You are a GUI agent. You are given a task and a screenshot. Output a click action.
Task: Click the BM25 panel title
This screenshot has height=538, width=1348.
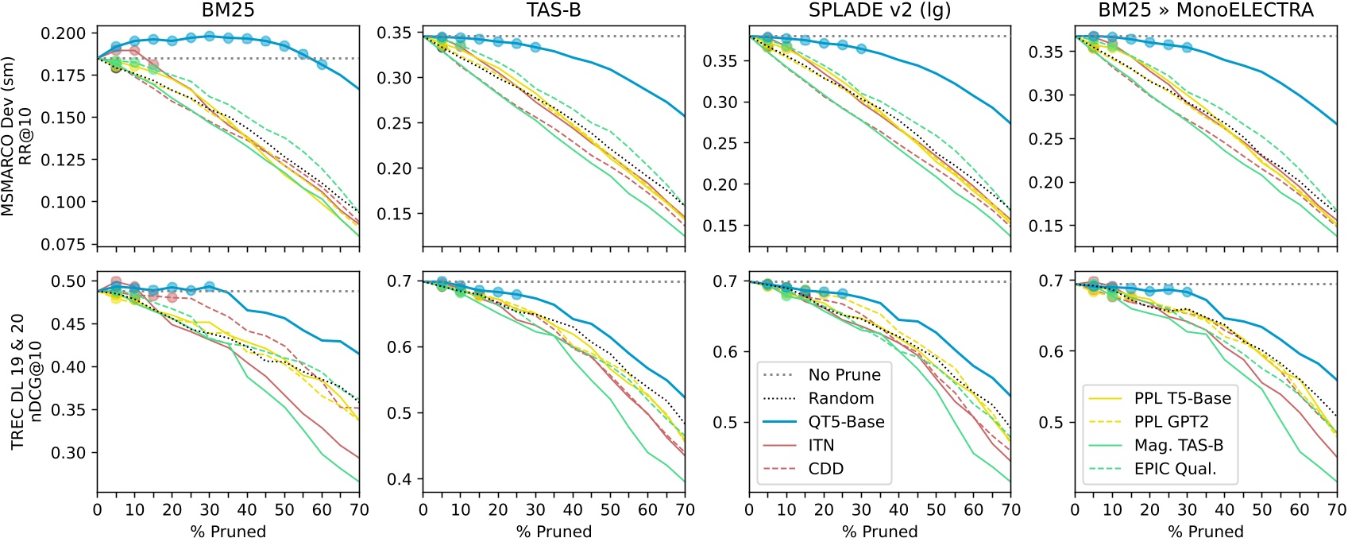point(228,10)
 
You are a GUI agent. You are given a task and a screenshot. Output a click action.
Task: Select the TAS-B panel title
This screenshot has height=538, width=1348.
point(554,10)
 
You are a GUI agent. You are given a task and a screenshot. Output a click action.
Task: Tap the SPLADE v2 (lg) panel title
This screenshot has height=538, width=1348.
point(879,10)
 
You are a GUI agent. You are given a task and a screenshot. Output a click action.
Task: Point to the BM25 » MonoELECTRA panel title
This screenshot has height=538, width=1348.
point(1206,10)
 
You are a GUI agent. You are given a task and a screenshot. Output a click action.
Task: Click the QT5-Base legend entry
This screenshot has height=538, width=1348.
point(846,422)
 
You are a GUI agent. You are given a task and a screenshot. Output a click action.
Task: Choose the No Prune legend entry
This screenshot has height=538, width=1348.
point(844,375)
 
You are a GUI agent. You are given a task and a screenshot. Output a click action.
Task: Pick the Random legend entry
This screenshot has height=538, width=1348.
point(840,398)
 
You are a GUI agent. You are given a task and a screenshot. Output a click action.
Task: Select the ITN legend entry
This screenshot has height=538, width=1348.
point(821,446)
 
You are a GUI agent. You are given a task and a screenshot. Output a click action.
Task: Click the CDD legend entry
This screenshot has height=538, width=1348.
point(825,469)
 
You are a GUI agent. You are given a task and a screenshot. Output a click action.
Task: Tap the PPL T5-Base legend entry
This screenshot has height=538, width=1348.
point(1182,398)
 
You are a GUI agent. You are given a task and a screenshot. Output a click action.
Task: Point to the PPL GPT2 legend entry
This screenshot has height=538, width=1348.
point(1171,422)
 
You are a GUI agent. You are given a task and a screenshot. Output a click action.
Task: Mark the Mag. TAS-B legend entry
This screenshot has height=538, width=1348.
point(1178,446)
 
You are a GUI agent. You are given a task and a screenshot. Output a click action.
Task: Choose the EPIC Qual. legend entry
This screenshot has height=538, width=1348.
point(1175,469)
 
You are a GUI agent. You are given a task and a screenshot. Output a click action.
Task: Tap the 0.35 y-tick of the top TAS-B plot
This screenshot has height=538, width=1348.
point(395,33)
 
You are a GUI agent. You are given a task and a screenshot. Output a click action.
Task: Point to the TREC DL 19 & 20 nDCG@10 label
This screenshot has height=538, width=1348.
point(25,382)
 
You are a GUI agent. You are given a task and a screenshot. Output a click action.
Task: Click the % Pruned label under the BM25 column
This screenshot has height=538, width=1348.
point(228,531)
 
